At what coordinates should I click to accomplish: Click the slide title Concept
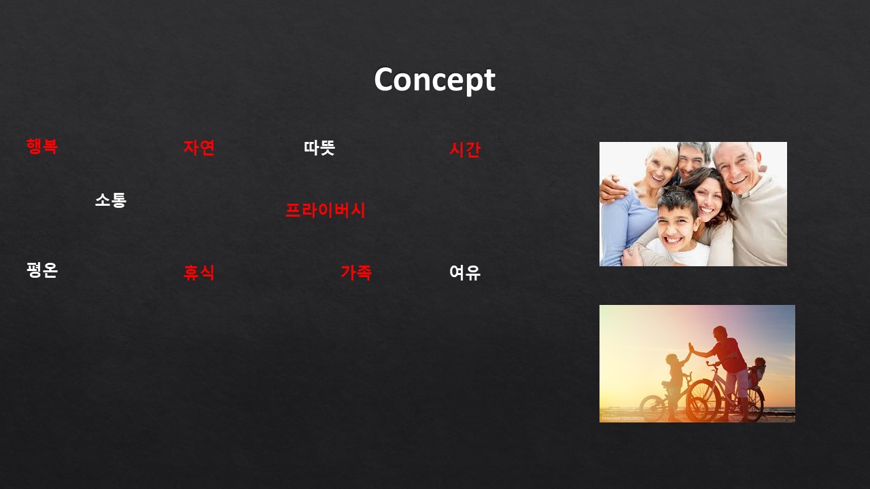(434, 80)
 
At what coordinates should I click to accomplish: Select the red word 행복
(42, 146)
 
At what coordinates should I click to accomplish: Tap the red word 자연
(199, 147)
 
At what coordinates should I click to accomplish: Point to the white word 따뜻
(319, 148)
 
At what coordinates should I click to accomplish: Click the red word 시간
(465, 149)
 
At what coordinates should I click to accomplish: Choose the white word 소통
(111, 200)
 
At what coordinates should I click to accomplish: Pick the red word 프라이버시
(326, 211)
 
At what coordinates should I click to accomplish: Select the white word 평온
(42, 270)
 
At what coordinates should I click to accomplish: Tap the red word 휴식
(199, 272)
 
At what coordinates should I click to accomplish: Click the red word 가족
(356, 272)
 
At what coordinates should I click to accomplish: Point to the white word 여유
(465, 272)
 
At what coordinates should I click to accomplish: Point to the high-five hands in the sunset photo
(691, 347)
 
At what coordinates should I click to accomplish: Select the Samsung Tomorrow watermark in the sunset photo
(623, 418)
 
